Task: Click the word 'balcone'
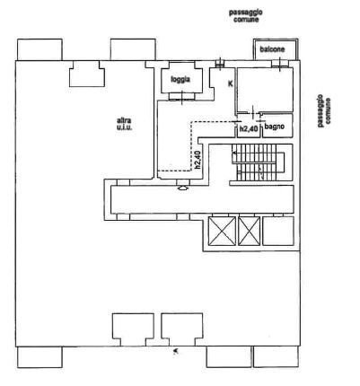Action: [272, 49]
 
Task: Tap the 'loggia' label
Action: [180, 79]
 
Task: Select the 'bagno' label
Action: [275, 127]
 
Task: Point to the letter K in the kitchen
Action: [231, 83]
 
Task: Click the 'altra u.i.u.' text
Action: [124, 124]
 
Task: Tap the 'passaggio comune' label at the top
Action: [246, 16]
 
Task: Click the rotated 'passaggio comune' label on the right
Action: [324, 110]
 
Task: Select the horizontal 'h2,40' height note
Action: [249, 129]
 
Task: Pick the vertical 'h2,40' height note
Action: [197, 161]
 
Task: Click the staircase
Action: [259, 162]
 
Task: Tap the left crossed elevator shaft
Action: [222, 231]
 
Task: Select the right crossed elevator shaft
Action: [250, 231]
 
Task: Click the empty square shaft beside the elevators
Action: [278, 231]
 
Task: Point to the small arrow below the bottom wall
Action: [176, 351]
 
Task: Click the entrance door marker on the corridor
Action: [183, 189]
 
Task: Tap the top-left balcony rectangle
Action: [40, 49]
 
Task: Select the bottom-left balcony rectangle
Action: [40, 357]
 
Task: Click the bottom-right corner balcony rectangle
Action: [277, 357]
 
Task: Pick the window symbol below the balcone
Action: [280, 64]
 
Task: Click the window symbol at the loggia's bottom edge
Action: [182, 96]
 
